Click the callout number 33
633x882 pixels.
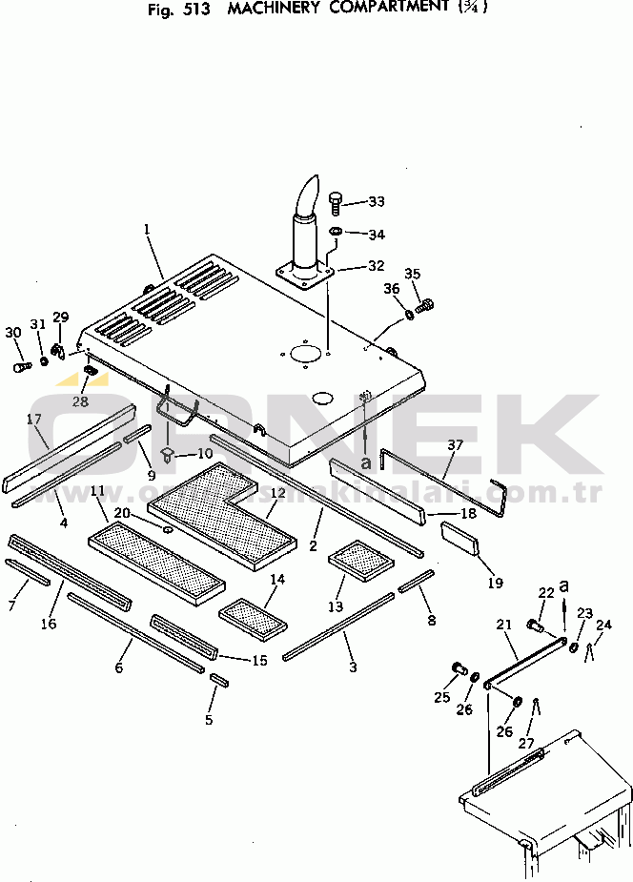pos(377,201)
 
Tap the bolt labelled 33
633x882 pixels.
pos(336,201)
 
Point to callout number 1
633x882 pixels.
pos(148,229)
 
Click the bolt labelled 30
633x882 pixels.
pos(20,365)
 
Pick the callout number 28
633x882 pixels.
pos(80,401)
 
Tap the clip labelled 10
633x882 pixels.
pos(169,454)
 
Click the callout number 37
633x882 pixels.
pos(455,445)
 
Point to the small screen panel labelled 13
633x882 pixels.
pos(360,561)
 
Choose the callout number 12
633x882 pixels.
pos(277,493)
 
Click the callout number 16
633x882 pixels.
pos(49,624)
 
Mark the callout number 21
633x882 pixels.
pos(504,625)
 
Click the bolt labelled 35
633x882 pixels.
pos(425,307)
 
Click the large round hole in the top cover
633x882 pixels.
pos(306,352)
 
